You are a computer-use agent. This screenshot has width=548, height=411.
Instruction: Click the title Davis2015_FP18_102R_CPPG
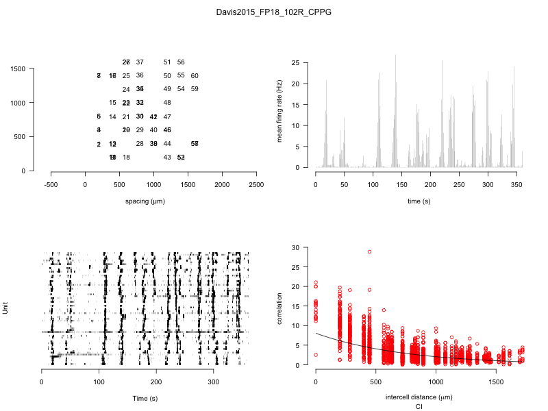click(273, 12)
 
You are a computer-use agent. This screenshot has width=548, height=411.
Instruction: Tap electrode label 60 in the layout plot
click(195, 75)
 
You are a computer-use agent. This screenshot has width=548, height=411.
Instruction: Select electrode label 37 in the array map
click(140, 62)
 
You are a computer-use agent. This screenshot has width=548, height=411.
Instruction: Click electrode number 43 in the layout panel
click(167, 158)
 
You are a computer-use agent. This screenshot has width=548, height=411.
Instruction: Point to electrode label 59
click(195, 89)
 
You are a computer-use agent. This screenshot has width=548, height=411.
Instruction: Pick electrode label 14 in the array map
click(112, 116)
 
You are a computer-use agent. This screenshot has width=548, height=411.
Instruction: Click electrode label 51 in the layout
click(167, 62)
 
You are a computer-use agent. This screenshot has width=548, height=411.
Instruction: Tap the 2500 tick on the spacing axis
click(256, 185)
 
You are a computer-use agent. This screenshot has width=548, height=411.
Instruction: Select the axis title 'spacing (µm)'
click(145, 201)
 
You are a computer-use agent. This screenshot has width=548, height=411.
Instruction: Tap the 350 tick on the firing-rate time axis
click(514, 185)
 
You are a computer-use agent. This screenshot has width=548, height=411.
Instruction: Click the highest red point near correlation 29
click(369, 251)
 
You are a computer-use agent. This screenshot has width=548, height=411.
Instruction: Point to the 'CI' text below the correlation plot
click(418, 407)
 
